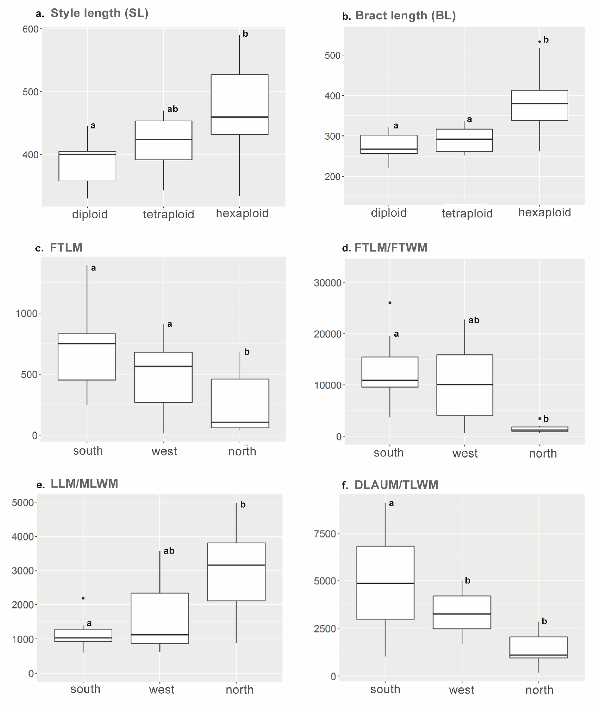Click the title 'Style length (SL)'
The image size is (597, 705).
coord(99,14)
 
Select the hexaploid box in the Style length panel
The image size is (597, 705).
coord(240,104)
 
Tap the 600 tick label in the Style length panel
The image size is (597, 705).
coord(31,29)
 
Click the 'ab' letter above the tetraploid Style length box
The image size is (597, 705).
coord(172,109)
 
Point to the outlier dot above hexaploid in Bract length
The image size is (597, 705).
coord(540,42)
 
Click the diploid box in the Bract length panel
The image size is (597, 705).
coord(389,145)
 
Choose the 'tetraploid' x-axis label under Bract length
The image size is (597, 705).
coord(467,213)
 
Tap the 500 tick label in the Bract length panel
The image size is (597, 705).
coord(332,55)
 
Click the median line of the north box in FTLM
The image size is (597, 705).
coord(240,422)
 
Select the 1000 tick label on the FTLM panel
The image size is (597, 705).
coord(26,313)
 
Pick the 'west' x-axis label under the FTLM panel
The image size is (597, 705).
coord(164,452)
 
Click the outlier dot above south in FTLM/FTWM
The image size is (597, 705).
coord(390,303)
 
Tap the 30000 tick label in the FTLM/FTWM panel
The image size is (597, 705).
coord(327,283)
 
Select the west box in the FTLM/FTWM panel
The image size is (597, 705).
coord(465,385)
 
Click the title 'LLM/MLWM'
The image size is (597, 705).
coord(84,484)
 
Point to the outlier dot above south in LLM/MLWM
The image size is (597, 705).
coord(83,598)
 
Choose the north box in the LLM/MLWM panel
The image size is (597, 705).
coord(236,572)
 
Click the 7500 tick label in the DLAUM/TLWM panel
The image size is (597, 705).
coord(325,534)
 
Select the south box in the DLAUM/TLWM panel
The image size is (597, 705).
coord(385,583)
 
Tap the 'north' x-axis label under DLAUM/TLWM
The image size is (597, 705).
coord(539,690)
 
